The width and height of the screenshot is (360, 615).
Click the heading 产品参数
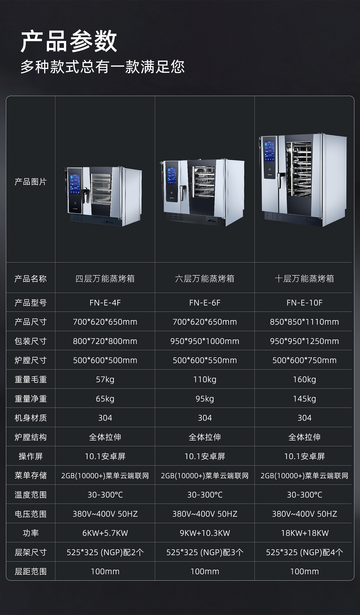69,41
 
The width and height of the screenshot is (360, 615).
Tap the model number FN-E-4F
105,303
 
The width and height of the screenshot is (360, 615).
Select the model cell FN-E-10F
304,303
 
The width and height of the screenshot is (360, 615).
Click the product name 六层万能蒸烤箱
205,279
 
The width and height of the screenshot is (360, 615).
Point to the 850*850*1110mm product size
304,322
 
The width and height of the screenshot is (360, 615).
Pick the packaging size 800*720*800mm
105,341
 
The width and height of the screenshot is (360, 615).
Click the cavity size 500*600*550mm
205,360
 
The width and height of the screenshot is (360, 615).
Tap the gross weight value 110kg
205,380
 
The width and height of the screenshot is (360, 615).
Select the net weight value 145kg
304,399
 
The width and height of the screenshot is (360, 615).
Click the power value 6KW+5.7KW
105,533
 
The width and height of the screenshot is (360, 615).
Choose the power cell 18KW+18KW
305,533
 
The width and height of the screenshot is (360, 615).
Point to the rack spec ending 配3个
205,552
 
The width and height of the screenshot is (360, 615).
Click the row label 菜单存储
30,475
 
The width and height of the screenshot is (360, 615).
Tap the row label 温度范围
30,495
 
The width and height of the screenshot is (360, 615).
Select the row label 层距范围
30,571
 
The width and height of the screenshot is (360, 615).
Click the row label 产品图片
30,182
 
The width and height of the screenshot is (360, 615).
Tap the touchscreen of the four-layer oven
75,184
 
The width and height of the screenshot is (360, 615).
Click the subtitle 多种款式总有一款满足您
103,67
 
